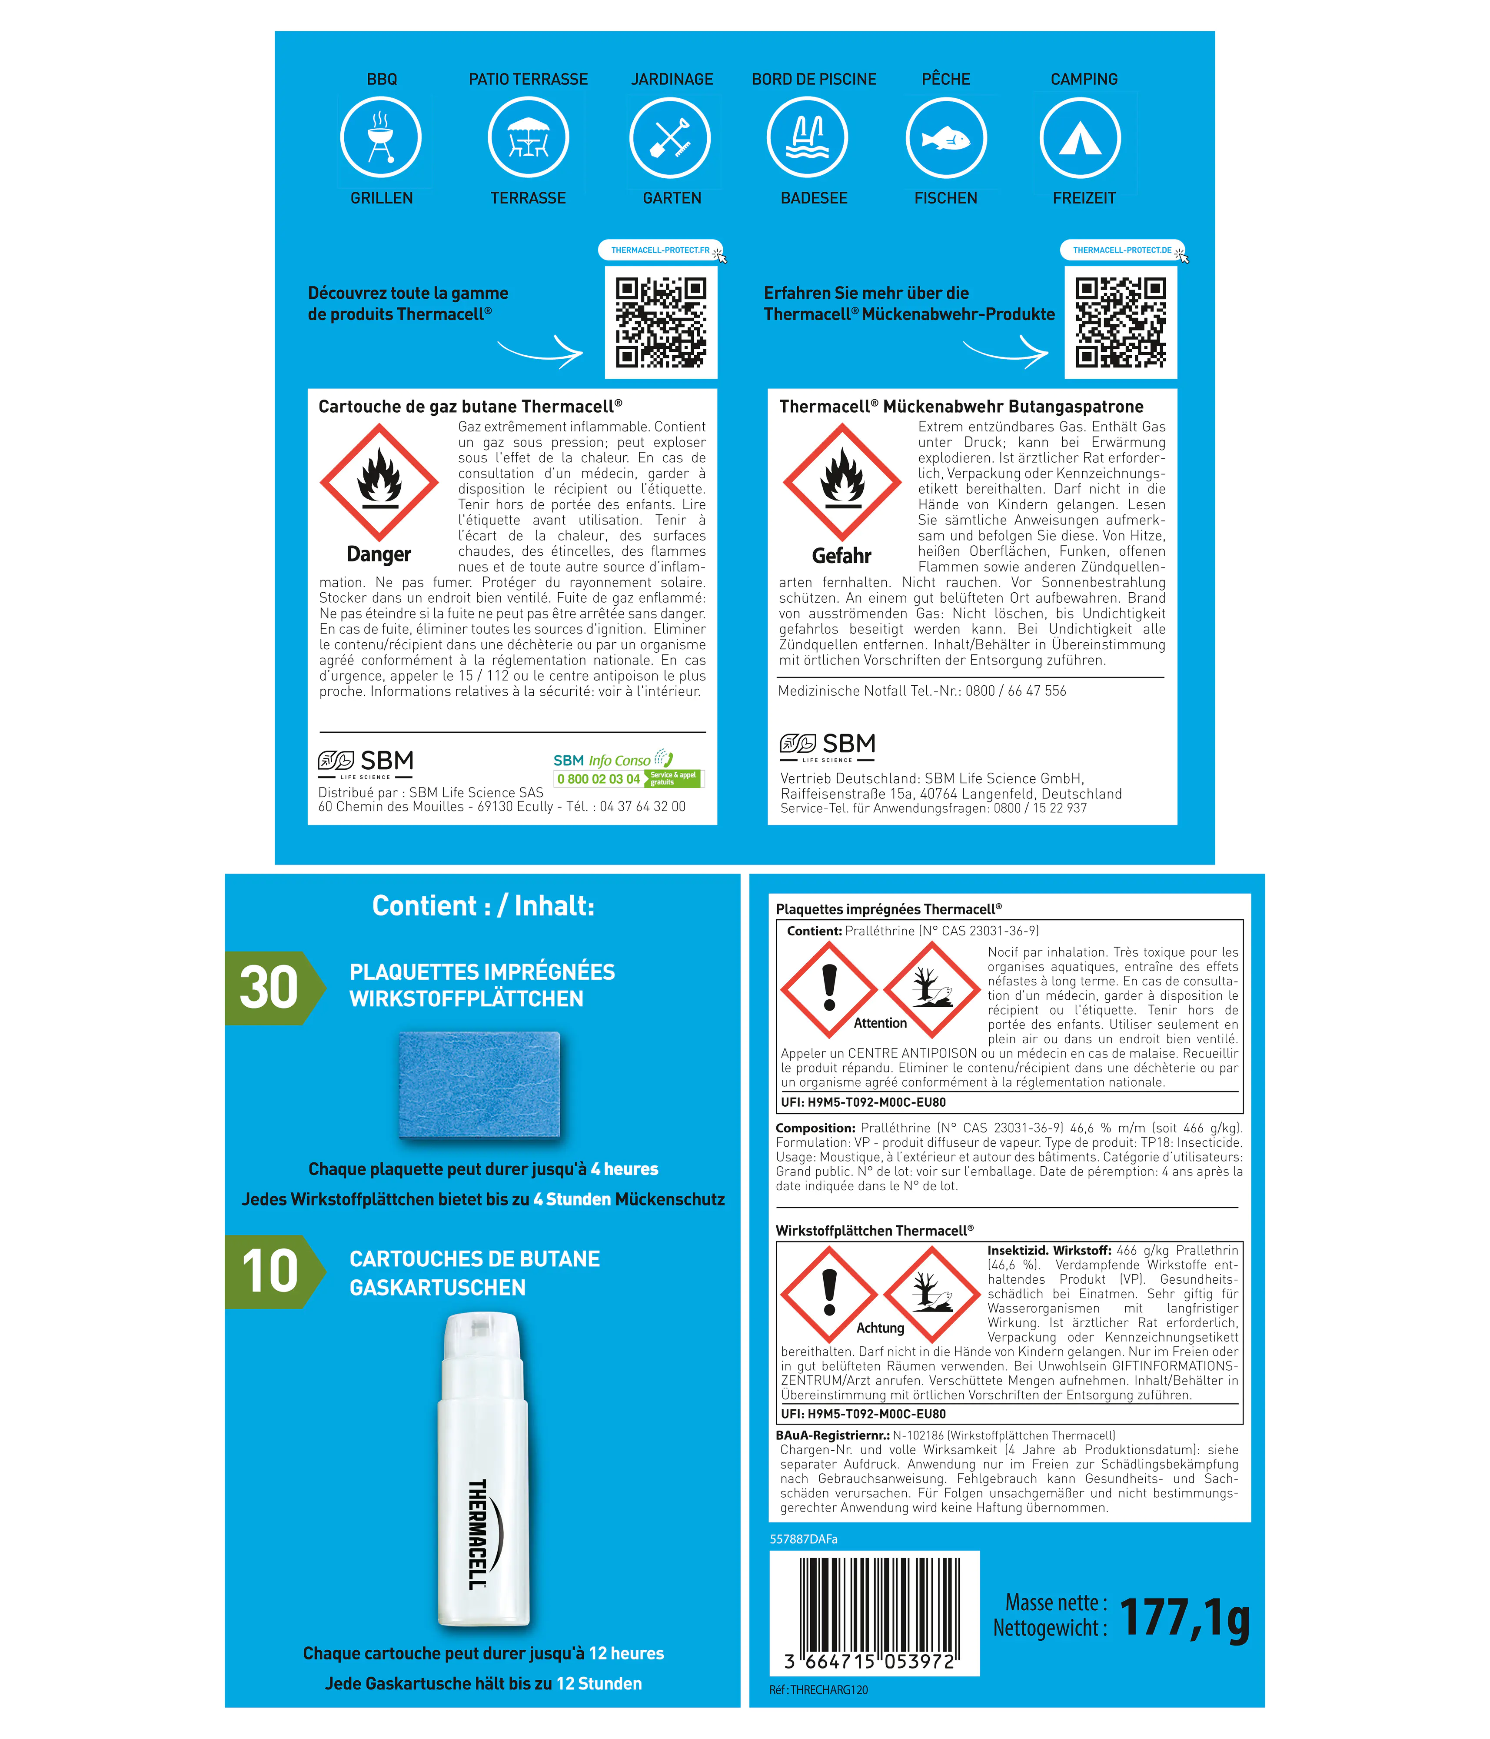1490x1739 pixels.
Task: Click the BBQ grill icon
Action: point(381,138)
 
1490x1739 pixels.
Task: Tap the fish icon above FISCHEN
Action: point(946,138)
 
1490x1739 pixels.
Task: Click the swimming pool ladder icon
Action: point(807,138)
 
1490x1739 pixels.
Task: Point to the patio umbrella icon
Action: point(529,138)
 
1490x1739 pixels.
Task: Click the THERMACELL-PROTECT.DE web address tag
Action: point(1123,250)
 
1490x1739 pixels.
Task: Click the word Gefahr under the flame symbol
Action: point(841,556)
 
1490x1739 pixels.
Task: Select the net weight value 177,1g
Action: point(1184,1618)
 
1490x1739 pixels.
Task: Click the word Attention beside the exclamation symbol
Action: point(880,1023)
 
